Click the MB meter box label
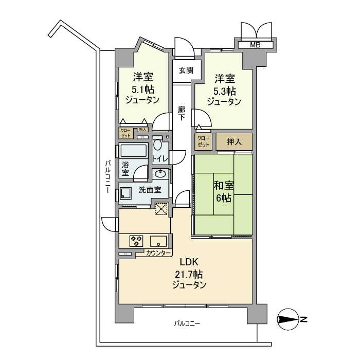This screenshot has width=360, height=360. point(255,45)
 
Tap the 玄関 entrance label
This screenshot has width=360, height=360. point(186,70)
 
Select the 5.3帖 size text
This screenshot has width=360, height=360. point(224,91)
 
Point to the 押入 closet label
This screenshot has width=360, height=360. point(235,141)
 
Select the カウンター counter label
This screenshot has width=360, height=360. point(158,253)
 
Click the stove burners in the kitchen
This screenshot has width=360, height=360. point(136,240)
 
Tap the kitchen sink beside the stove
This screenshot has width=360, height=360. point(158,240)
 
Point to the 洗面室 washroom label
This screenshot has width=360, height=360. point(150,190)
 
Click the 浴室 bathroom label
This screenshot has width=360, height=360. point(126,169)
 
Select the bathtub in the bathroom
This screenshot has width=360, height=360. point(134,151)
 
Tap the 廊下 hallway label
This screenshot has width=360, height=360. point(182,113)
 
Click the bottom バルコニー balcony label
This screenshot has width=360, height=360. point(187,323)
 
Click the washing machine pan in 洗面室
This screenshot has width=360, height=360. point(126,194)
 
